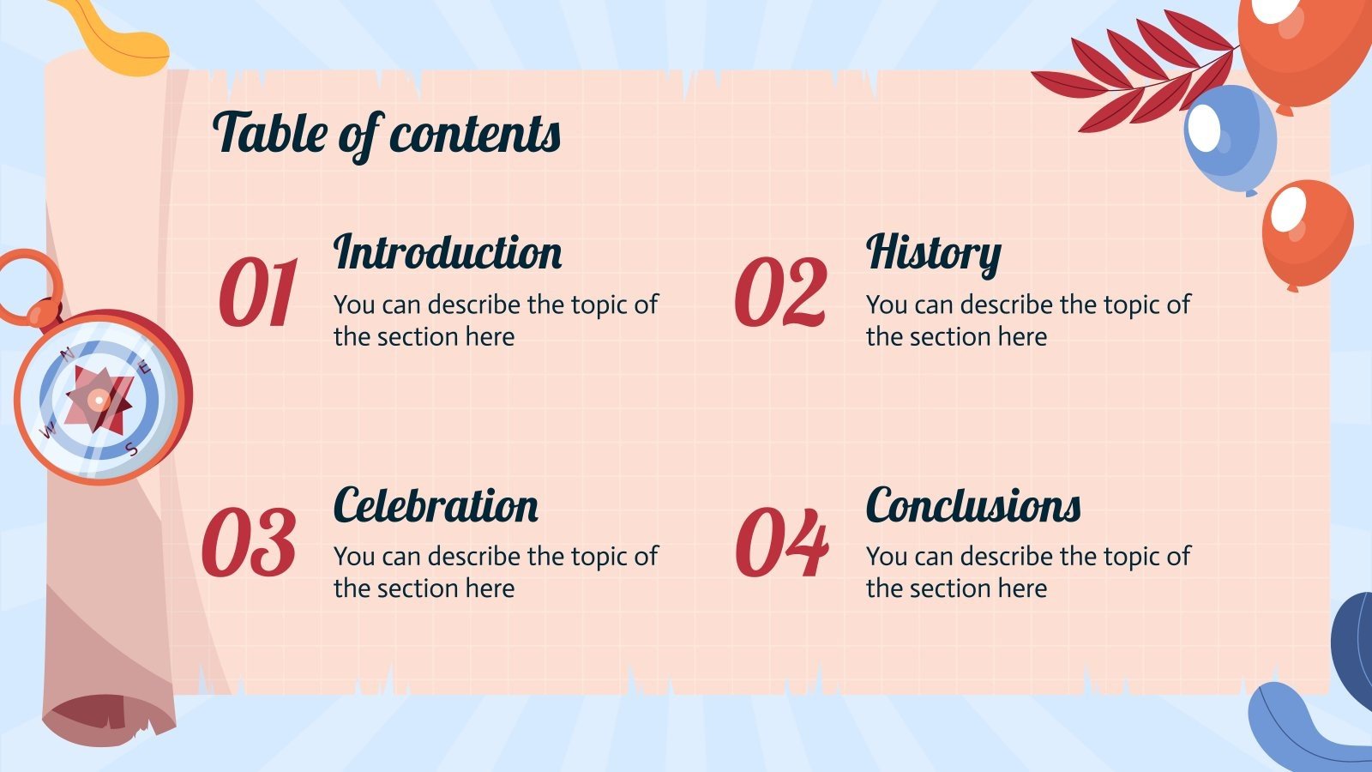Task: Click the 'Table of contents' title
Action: pyautogui.click(x=386, y=134)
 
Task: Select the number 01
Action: pyautogui.click(x=257, y=293)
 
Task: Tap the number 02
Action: pyautogui.click(x=780, y=293)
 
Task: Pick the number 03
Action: pyautogui.click(x=249, y=542)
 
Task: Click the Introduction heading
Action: pyautogui.click(x=448, y=252)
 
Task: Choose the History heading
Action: pyautogui.click(x=933, y=252)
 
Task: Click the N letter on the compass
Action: pyautogui.click(x=69, y=353)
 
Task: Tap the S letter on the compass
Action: pyautogui.click(x=131, y=448)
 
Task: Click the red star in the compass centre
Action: pyautogui.click(x=99, y=399)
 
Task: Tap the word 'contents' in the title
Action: pyautogui.click(x=475, y=134)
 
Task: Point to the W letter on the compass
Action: pyautogui.click(x=50, y=428)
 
